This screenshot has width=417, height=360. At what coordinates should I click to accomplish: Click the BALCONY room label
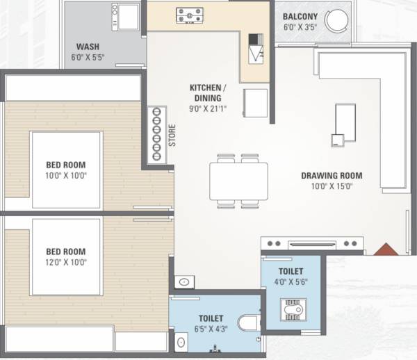(300, 16)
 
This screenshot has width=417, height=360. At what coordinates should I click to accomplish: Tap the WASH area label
(88, 47)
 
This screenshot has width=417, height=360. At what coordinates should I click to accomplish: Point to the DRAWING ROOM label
(332, 175)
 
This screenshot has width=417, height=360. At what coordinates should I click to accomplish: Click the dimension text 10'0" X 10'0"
(66, 175)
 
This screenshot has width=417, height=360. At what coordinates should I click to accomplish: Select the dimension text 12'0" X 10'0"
(66, 262)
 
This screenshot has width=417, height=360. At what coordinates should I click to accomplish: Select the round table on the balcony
(338, 22)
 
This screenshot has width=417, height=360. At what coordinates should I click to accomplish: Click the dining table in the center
(238, 181)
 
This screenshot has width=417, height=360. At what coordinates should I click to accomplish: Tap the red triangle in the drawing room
(385, 249)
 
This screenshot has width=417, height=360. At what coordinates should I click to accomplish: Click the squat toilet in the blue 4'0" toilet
(290, 309)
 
